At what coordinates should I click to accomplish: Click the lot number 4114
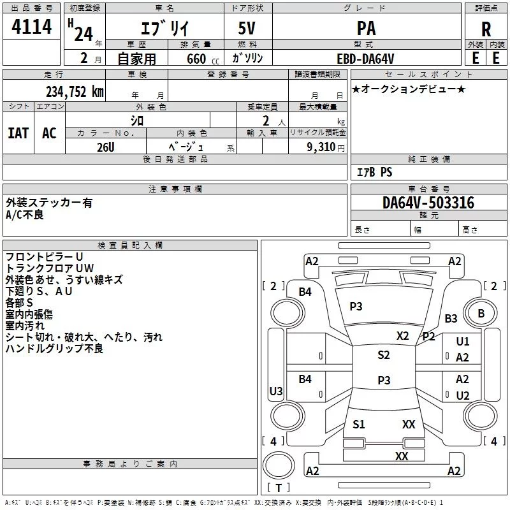tap(31, 27)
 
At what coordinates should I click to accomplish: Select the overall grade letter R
tap(486, 29)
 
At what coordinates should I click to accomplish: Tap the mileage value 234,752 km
tap(75, 92)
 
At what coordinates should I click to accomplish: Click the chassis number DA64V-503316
tap(428, 203)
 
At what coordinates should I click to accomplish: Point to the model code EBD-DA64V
tap(365, 59)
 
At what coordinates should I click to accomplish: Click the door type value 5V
tap(247, 28)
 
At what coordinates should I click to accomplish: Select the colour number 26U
tap(106, 147)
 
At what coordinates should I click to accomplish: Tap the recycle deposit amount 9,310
tap(321, 147)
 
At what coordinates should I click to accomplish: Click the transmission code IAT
tap(18, 133)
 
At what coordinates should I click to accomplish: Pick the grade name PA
tap(366, 28)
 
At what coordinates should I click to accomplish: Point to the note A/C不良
tap(25, 215)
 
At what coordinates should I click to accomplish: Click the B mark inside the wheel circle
tap(481, 313)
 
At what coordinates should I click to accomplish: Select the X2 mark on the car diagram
tap(402, 336)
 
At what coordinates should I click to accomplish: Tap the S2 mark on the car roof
tap(384, 355)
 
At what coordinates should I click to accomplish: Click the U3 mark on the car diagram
tap(276, 391)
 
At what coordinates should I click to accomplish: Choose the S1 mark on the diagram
tap(358, 425)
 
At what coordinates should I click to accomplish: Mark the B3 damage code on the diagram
tap(451, 318)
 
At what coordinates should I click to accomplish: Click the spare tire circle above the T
tap(279, 465)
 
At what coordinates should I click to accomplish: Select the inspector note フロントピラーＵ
tap(44, 257)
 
